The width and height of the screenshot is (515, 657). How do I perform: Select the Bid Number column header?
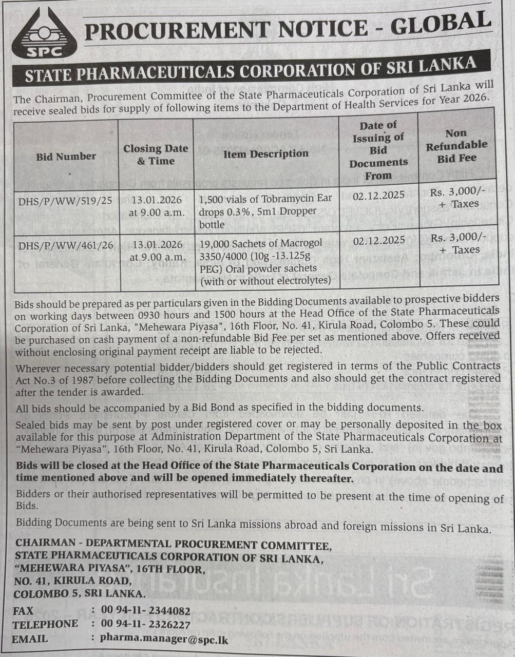(66, 156)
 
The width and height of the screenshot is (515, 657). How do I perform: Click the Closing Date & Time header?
(156, 154)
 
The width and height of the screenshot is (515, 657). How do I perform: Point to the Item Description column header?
(265, 153)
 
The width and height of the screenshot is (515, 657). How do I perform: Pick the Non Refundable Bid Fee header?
(456, 146)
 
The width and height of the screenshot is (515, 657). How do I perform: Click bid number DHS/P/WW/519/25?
(65, 201)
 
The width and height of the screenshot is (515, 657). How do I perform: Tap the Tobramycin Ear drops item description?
(266, 210)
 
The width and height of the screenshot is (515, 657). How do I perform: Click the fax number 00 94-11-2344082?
(146, 611)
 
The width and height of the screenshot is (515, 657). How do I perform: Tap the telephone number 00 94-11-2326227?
(146, 625)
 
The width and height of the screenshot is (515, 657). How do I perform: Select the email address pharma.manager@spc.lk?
(164, 639)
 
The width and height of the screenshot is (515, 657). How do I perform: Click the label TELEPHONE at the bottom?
(46, 624)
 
